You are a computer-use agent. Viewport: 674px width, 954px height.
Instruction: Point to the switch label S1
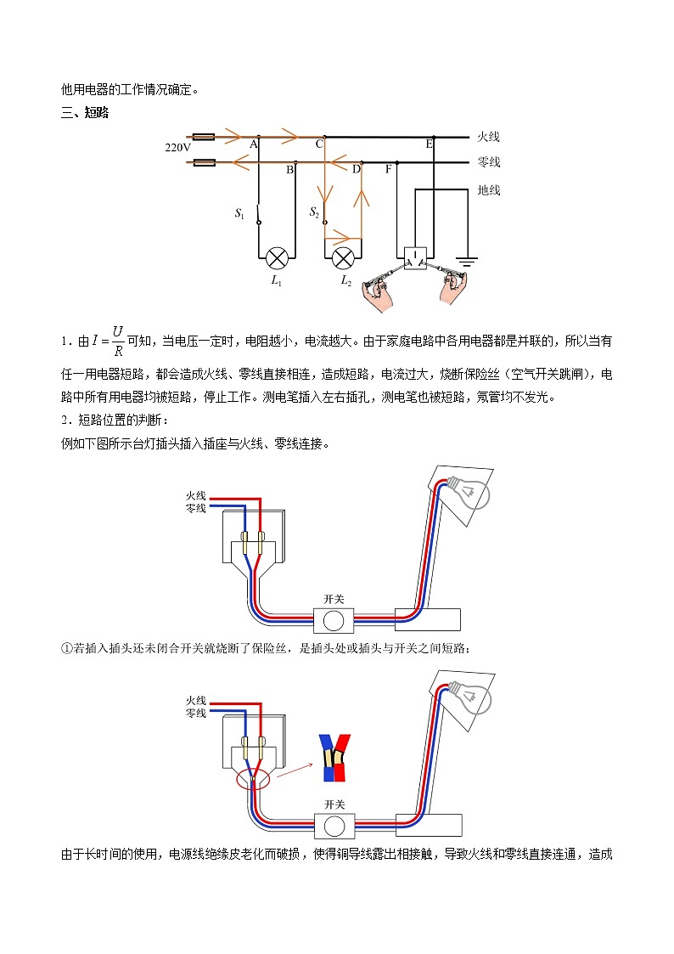pos(239,214)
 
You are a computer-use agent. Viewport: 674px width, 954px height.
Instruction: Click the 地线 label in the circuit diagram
pos(489,190)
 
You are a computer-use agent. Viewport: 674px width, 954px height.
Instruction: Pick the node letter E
pos(429,145)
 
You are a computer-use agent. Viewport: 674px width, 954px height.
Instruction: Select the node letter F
pos(388,169)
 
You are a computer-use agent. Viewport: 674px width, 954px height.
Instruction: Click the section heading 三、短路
pos(85,113)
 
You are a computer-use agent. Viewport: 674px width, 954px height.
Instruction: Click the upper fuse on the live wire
pos(204,136)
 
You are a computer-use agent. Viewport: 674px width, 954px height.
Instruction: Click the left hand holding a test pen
pos(374,289)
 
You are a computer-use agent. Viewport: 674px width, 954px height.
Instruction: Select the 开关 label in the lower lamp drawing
pos(334,804)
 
